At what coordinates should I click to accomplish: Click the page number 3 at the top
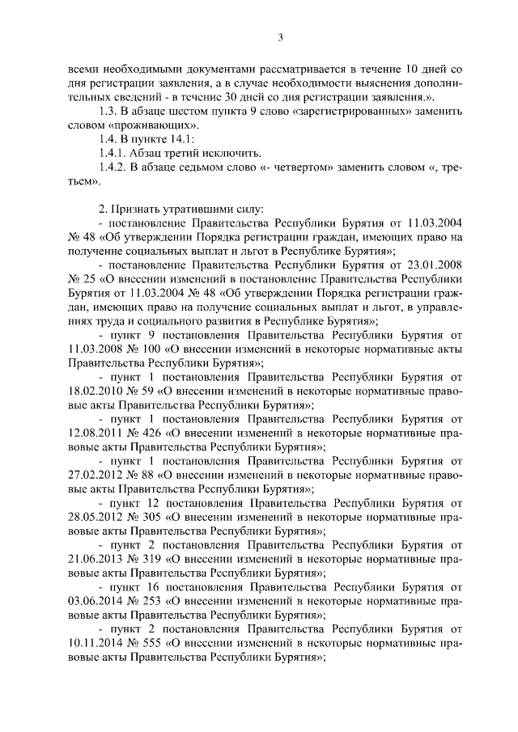point(280,36)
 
